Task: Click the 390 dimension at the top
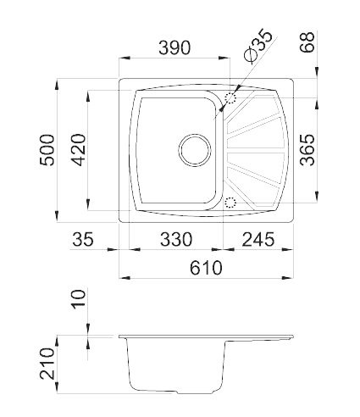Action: (174, 48)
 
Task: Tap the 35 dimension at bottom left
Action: (82, 240)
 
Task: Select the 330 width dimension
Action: (174, 240)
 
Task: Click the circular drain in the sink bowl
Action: (195, 152)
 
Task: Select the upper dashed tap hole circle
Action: (230, 100)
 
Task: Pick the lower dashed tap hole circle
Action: (230, 202)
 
